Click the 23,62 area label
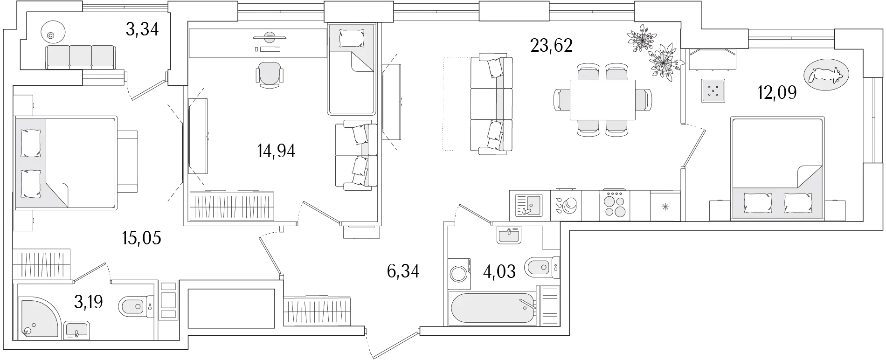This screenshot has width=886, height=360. [551, 46]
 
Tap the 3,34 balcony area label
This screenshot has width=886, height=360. [142, 29]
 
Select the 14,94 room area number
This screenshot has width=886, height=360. [276, 151]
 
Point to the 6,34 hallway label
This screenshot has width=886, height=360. [403, 271]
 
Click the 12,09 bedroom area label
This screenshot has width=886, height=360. [777, 93]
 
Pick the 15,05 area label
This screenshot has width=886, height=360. [142, 238]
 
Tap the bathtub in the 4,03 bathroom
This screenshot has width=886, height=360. [492, 308]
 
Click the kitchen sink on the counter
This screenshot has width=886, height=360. [528, 205]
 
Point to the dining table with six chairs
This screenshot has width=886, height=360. [602, 100]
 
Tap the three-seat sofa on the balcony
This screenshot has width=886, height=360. [80, 57]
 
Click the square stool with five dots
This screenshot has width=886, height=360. [713, 90]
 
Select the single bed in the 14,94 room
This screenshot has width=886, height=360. [352, 69]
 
